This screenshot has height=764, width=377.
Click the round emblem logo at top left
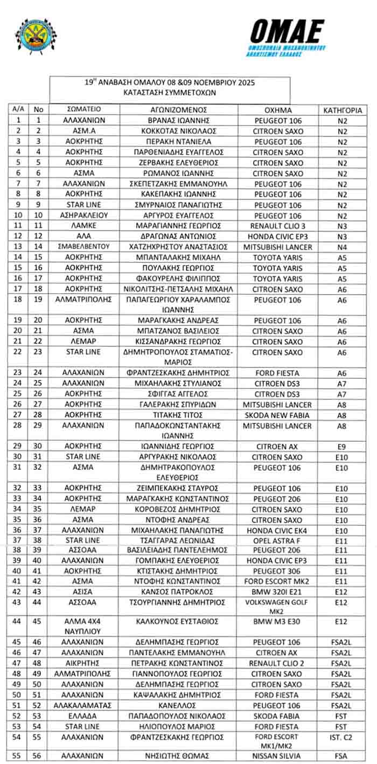[36, 36]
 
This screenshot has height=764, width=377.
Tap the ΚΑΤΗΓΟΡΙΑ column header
[342, 110]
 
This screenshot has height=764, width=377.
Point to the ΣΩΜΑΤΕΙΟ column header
[83, 110]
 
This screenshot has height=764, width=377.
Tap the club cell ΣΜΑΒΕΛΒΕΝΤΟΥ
[83, 247]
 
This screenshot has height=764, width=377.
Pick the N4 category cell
[342, 247]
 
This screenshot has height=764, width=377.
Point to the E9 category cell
[342, 447]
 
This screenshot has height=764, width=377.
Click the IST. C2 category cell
[342, 737]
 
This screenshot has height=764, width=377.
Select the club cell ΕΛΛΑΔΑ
[83, 716]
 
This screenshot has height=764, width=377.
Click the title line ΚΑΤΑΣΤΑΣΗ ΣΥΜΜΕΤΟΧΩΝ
[170, 93]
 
